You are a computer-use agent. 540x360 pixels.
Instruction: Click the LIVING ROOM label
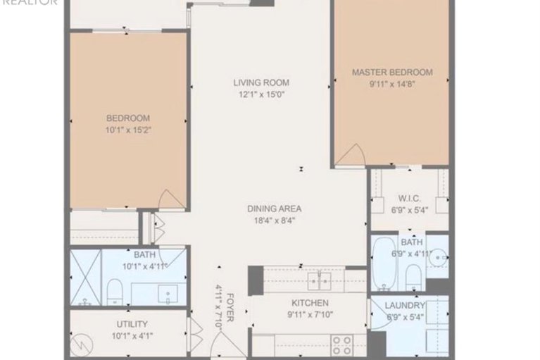click(261, 82)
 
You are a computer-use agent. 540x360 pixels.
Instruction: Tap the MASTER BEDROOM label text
click(392, 72)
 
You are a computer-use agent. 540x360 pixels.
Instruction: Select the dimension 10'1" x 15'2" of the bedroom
click(127, 130)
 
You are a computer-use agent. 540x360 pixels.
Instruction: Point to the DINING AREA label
click(274, 209)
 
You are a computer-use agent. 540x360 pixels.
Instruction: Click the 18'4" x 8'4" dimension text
click(274, 220)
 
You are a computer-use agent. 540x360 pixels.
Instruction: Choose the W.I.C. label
click(409, 197)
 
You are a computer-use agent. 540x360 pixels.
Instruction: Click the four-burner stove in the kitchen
click(342, 345)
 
